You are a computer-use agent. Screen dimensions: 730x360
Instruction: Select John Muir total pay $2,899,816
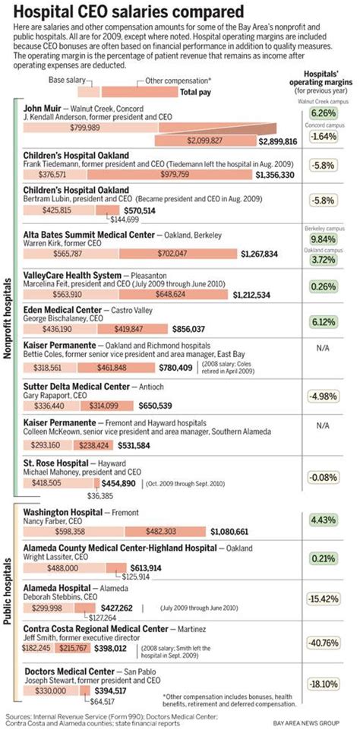point(277,141)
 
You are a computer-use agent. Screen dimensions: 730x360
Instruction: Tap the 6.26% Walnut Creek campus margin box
point(324,113)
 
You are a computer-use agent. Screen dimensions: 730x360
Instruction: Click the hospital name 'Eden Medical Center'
point(63,310)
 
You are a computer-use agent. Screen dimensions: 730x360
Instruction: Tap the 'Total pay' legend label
point(200,92)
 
